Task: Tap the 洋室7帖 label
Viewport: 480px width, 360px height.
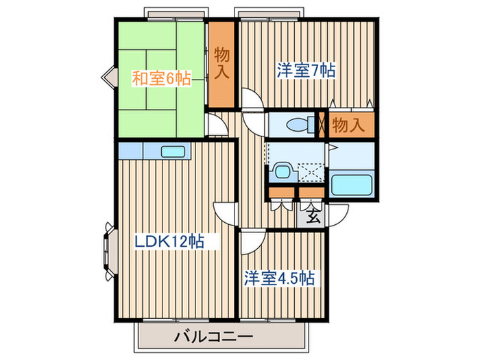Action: (305, 70)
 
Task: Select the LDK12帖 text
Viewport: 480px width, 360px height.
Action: (169, 242)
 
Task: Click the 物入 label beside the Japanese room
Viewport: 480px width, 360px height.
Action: (221, 63)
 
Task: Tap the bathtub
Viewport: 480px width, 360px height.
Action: (352, 183)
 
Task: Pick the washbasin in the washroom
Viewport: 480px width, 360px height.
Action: (281, 171)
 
